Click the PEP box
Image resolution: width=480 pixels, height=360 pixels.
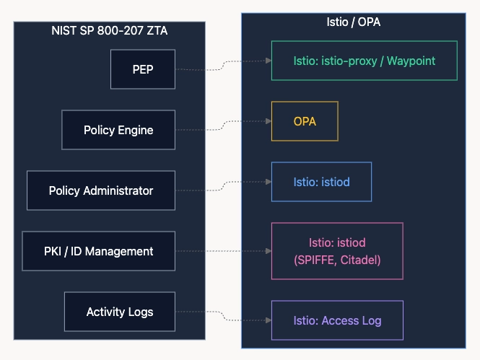(x=143, y=69)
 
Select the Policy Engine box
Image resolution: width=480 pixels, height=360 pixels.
(x=118, y=130)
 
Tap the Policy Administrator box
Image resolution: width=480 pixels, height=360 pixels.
(x=101, y=190)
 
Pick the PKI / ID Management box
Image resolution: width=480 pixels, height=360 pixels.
(x=99, y=251)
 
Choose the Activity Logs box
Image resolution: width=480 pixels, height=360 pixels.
(x=120, y=312)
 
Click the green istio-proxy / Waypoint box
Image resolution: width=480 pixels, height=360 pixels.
(x=365, y=61)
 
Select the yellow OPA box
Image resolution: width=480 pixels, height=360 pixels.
(x=305, y=121)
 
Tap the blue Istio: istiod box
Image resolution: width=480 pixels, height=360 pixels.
(x=321, y=182)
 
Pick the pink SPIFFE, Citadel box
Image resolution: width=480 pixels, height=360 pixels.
(x=337, y=251)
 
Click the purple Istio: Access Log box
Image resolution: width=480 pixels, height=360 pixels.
(x=337, y=320)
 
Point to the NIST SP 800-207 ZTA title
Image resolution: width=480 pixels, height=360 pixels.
(x=109, y=30)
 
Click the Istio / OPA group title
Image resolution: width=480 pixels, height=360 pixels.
(x=353, y=22)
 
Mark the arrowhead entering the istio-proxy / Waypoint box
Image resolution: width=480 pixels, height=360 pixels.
(x=269, y=61)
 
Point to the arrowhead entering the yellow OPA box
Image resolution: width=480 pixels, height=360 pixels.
(x=269, y=121)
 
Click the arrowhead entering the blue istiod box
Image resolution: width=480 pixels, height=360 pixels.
(x=269, y=182)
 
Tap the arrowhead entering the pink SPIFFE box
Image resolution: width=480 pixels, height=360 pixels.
(x=269, y=251)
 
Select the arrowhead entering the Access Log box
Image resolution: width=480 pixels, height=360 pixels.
(x=269, y=320)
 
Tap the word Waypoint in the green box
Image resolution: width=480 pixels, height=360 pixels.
(x=411, y=61)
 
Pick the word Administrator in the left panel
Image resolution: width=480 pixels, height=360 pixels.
(x=118, y=190)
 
